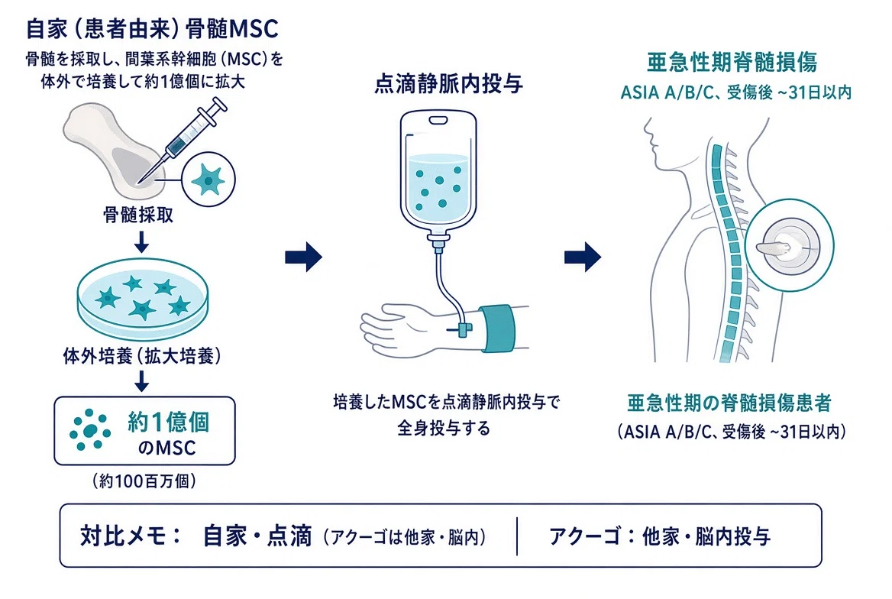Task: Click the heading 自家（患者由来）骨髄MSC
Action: (x=153, y=28)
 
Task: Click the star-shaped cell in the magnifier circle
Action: (x=208, y=179)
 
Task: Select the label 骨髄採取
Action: (x=138, y=215)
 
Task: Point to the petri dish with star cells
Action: (x=142, y=299)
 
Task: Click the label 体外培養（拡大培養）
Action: (x=142, y=357)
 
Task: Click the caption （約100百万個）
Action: (x=144, y=481)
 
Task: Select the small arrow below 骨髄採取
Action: (x=141, y=241)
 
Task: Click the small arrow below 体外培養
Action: (x=141, y=380)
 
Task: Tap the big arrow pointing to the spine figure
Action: (x=583, y=257)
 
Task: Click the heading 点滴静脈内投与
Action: (x=449, y=84)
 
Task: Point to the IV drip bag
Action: (x=438, y=176)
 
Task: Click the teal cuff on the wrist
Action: (x=496, y=329)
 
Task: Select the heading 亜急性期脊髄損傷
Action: (x=732, y=62)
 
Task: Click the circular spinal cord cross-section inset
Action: (x=789, y=245)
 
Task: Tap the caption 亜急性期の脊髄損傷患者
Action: (x=729, y=403)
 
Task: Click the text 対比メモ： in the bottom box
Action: (x=131, y=536)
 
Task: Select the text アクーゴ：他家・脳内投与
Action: (x=660, y=536)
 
